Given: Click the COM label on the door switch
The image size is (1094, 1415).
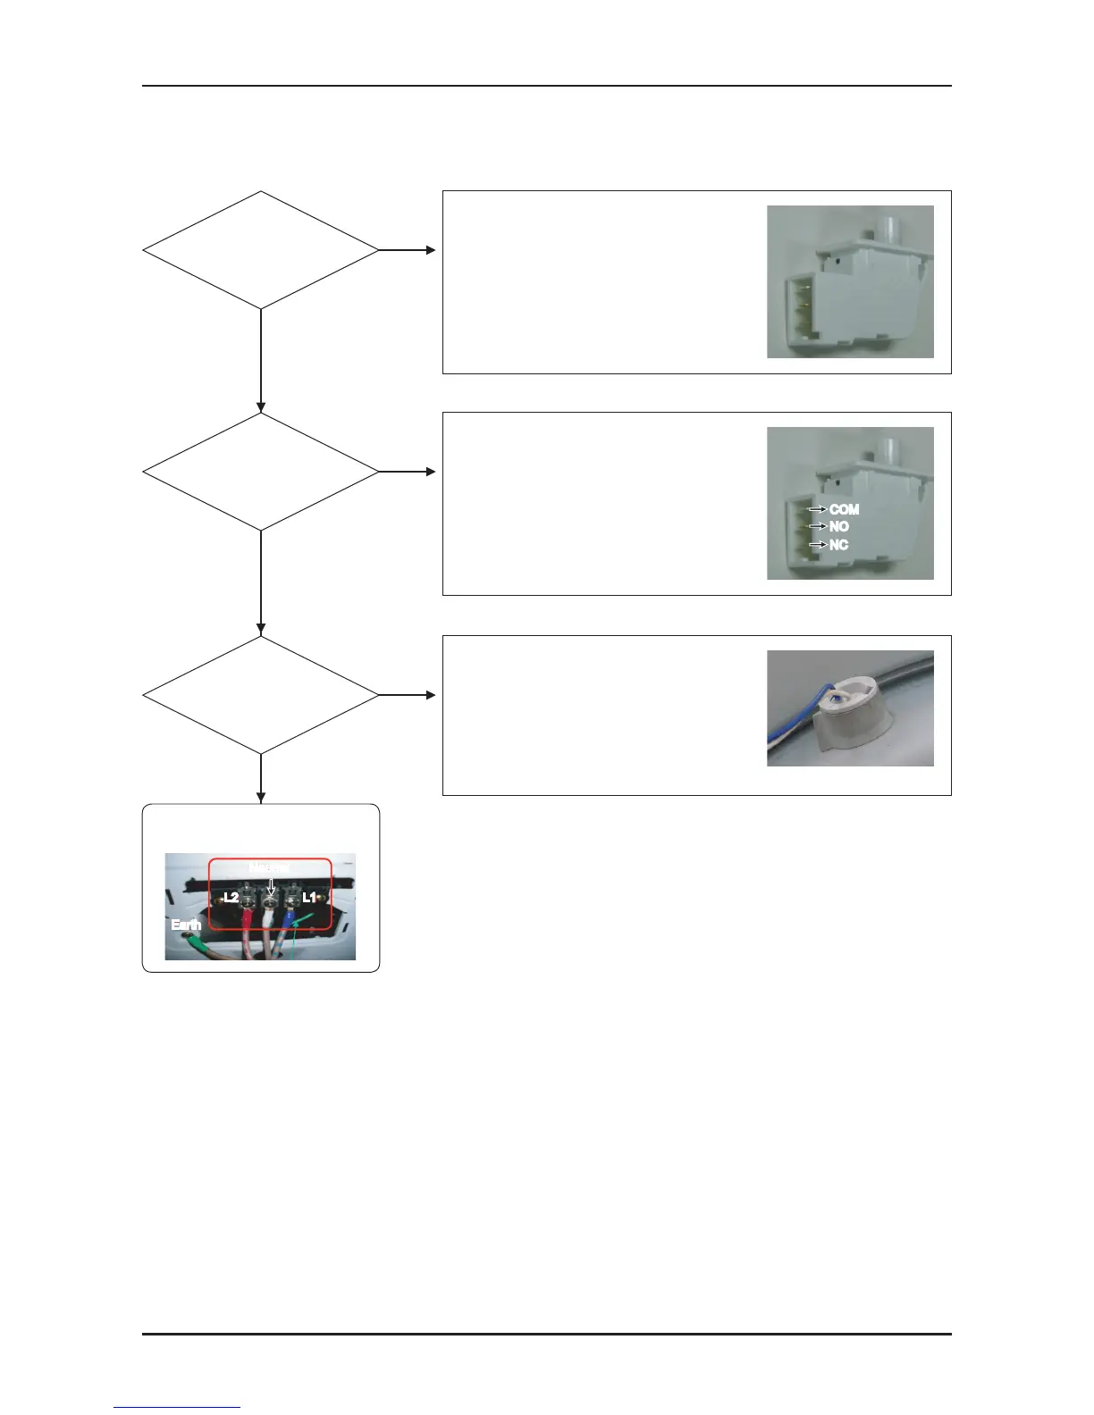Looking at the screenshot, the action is click(x=844, y=509).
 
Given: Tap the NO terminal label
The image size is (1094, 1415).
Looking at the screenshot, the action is click(x=838, y=527).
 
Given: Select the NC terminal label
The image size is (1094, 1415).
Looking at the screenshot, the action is click(x=838, y=545).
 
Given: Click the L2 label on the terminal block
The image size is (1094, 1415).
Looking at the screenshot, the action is click(x=230, y=897).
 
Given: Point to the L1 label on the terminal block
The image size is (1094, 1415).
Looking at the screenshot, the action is click(x=309, y=897).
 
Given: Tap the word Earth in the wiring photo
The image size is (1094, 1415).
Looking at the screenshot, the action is click(x=185, y=925).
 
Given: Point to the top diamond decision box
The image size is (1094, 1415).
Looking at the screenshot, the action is click(x=261, y=250).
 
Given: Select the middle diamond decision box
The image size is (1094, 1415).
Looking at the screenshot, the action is click(x=261, y=472).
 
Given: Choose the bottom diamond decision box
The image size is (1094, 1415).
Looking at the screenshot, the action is click(x=261, y=695).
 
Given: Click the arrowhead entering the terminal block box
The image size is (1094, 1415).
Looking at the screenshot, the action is click(x=261, y=798).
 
